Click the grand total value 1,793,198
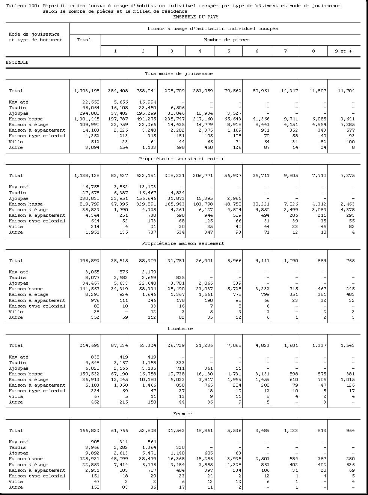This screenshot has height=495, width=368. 87,91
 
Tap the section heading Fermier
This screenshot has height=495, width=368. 183,414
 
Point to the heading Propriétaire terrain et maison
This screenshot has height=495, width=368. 182,159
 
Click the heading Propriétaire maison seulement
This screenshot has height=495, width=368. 183,243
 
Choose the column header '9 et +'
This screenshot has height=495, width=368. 343,51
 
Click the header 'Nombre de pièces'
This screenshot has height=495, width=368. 227,40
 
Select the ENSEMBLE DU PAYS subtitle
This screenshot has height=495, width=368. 196,17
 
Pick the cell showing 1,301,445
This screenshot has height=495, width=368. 87,119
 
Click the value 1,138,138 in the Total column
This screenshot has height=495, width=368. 87,175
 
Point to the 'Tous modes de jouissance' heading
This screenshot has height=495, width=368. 179,73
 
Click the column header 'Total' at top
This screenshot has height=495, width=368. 84,40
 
